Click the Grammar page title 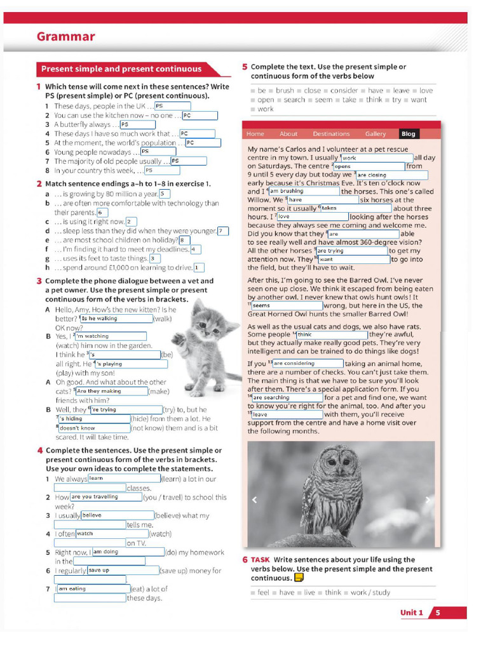point(65,37)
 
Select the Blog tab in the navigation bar point(408,134)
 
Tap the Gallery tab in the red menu point(376,134)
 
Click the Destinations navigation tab point(331,134)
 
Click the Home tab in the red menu point(255,134)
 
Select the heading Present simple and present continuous point(121,69)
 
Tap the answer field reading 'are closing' point(391,175)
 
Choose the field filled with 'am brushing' point(304,191)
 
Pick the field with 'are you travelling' point(105,497)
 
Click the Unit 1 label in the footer point(411,613)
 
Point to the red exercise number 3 point(39,281)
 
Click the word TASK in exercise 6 point(260,560)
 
